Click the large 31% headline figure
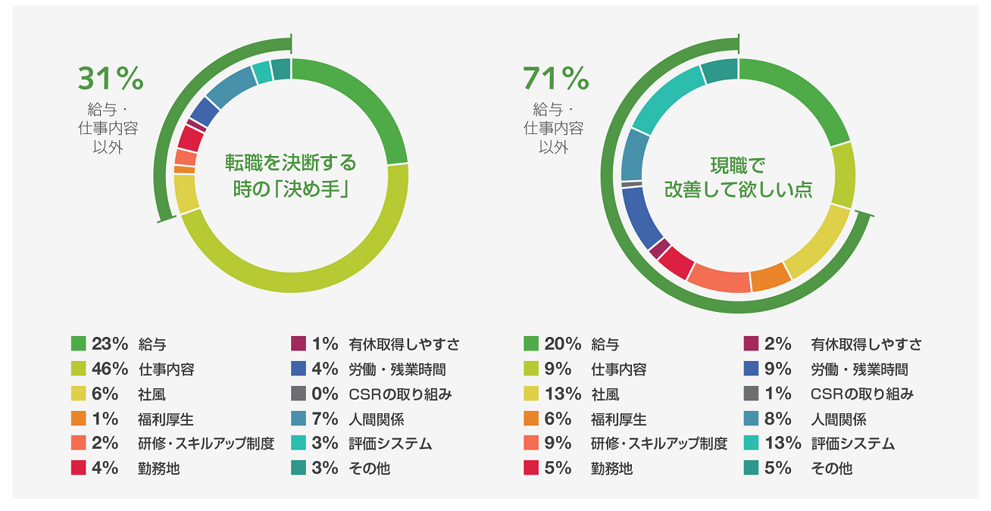[x=111, y=79]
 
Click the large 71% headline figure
[x=555, y=79]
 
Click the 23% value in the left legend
[x=110, y=344]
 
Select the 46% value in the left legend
[x=110, y=369]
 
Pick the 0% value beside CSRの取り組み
[x=324, y=394]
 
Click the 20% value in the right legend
[x=562, y=344]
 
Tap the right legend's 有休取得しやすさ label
[x=866, y=344]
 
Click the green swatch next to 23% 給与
[x=78, y=344]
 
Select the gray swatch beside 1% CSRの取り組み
[x=752, y=394]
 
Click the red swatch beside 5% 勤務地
[x=531, y=468]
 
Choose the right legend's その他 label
[x=831, y=469]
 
